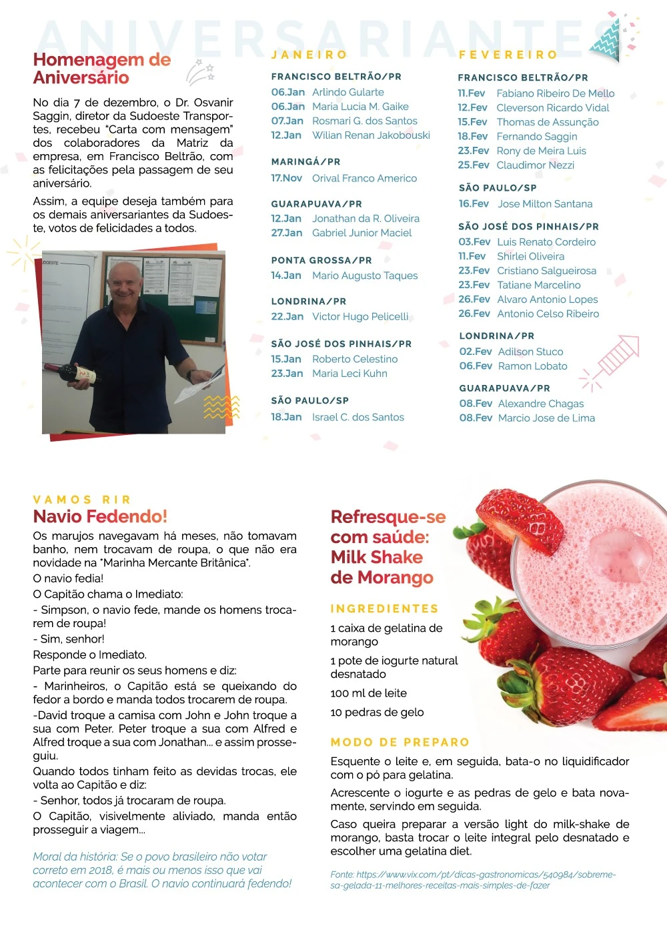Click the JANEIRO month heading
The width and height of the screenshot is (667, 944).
point(309,55)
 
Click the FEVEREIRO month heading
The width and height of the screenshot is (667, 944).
point(508,55)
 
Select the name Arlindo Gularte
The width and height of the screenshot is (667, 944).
point(348,92)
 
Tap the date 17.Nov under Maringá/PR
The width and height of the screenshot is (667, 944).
point(286,178)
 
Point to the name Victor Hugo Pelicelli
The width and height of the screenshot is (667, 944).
point(360,316)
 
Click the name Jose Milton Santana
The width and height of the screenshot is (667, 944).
point(545,203)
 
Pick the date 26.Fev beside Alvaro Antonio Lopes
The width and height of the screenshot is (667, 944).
point(474,299)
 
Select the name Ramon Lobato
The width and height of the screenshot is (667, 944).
point(532,366)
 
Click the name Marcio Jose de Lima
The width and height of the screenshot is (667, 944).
point(546,418)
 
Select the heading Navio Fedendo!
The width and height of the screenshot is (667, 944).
point(100,516)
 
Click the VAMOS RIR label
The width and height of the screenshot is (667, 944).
point(82,499)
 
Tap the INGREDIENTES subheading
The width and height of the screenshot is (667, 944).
point(384,608)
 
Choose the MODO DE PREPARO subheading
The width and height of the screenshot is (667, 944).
point(400,742)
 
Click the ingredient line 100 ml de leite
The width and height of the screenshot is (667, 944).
point(368,693)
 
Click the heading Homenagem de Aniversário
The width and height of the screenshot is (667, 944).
point(101,69)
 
